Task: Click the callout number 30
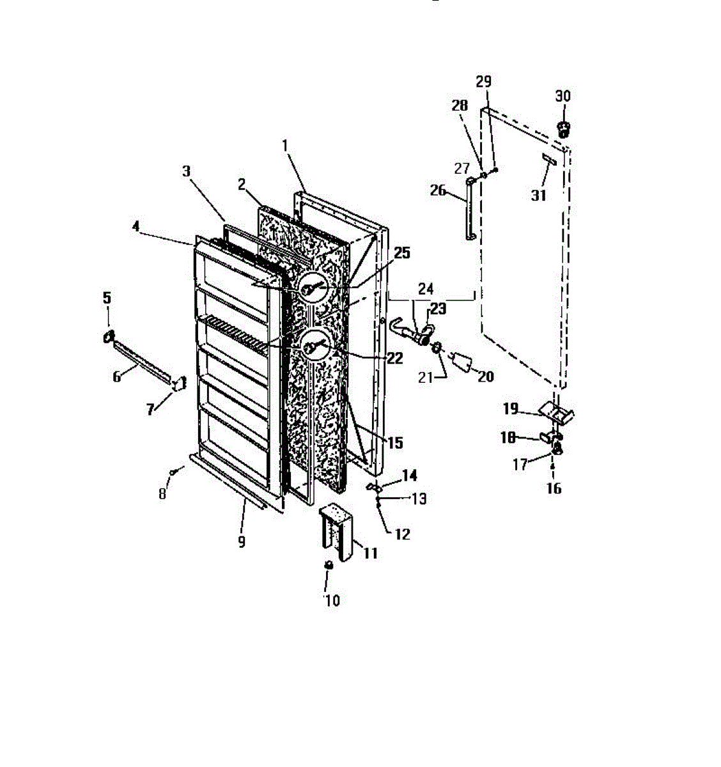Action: click(562, 96)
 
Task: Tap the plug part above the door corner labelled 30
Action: click(564, 128)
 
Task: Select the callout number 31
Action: click(539, 194)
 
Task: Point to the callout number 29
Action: click(484, 81)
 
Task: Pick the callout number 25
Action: click(401, 253)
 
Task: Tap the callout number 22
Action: click(394, 358)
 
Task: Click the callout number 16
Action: click(554, 488)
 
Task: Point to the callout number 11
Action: click(371, 553)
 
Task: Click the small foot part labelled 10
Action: click(329, 565)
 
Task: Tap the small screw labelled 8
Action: click(173, 472)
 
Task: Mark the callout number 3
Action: click(186, 171)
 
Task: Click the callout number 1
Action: click(286, 145)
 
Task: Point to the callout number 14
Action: click(409, 475)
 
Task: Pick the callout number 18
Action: click(508, 437)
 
